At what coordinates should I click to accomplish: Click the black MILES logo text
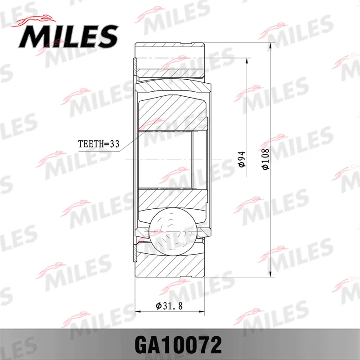point(68,36)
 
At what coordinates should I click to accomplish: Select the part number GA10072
point(178,345)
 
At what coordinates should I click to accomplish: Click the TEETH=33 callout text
point(99,144)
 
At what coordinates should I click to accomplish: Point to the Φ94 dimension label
point(242,159)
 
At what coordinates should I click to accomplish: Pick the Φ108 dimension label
point(265,159)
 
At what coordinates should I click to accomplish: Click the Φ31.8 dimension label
point(170,306)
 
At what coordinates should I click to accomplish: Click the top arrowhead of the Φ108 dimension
point(270,45)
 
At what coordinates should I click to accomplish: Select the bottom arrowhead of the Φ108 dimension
point(270,274)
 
